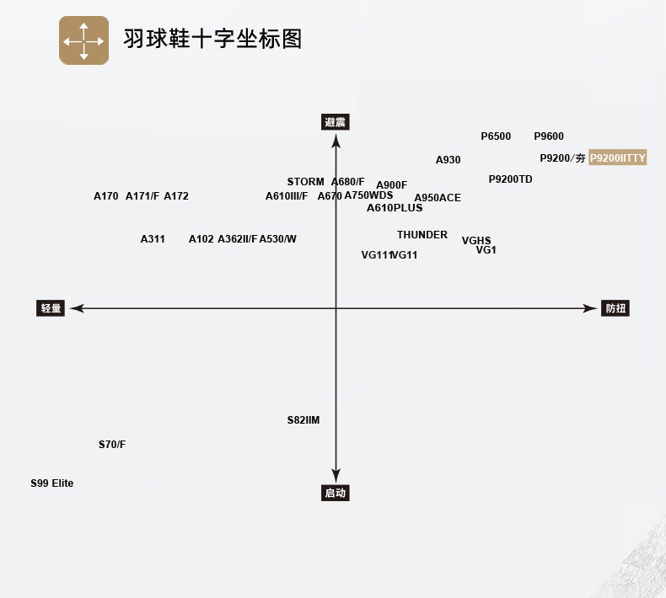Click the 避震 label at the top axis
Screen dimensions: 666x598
coord(336,122)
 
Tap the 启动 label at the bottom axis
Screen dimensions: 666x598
coord(336,493)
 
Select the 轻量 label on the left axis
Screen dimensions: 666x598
coord(51,308)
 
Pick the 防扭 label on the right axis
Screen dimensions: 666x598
coord(615,308)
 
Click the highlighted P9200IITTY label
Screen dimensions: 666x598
coord(617,158)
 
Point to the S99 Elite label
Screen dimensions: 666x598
coord(52,483)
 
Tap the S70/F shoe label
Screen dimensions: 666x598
coord(112,445)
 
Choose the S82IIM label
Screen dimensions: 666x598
coord(303,420)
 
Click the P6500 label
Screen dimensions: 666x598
coord(496,136)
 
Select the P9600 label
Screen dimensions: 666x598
coord(549,136)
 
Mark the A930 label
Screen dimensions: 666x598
coord(448,160)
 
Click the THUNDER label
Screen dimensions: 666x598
coord(422,235)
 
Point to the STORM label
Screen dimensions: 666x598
coord(305,182)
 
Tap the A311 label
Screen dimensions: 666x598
coord(153,239)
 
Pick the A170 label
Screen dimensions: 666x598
coord(106,196)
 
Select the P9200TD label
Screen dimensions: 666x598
coord(511,179)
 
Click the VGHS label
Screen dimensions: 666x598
coord(476,241)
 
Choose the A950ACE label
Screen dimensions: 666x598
coord(438,198)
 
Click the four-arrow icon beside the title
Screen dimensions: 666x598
coord(83,40)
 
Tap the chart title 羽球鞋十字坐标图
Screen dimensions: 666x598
coord(212,39)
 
